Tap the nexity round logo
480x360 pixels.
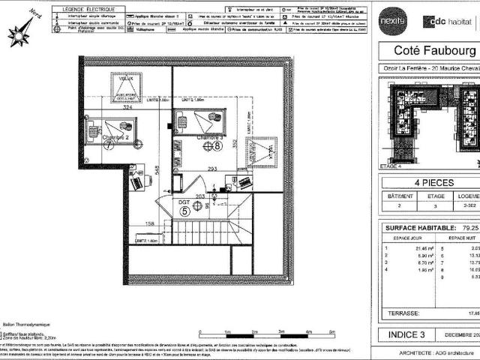(391, 19)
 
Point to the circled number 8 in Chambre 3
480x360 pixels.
(206, 146)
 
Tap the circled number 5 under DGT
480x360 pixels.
(184, 211)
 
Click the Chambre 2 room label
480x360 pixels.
(115, 137)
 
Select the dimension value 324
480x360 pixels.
(127, 108)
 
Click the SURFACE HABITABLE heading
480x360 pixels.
(420, 228)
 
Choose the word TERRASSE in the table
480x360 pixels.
(400, 313)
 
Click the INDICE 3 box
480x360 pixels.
(406, 334)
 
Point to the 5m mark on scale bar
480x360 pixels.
(308, 331)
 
